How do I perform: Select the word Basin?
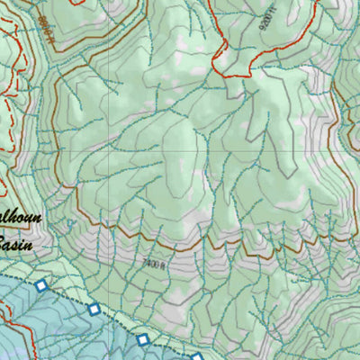pyautogui.click(x=16, y=243)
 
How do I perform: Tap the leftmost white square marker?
pyautogui.click(x=41, y=285)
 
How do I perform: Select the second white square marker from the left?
pyautogui.click(x=94, y=310)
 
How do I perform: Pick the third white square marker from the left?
pyautogui.click(x=142, y=339)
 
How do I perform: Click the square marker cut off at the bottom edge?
pyautogui.click(x=197, y=357)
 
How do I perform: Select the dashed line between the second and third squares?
pyautogui.click(x=119, y=324)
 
